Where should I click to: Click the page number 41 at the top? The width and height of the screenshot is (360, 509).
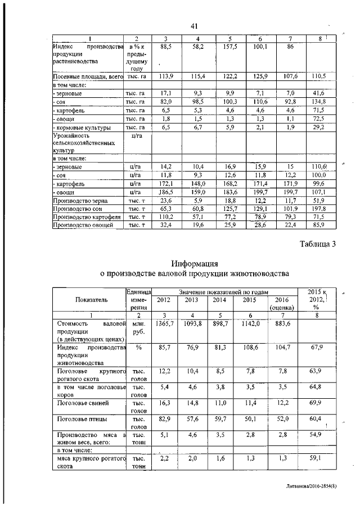195,26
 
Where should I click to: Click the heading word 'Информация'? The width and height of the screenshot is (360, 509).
195,263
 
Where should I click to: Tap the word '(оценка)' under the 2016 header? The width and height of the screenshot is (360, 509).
281,308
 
